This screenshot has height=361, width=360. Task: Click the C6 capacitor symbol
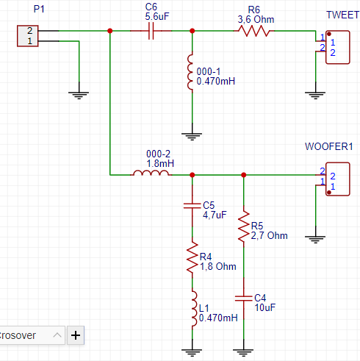click(151, 31)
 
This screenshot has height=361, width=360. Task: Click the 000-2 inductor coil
click(151, 173)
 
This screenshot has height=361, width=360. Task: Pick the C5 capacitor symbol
click(192, 206)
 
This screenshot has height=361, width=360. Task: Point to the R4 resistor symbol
click(192, 257)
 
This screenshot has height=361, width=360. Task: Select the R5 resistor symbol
click(244, 226)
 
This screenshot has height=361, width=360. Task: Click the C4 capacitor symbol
click(244, 299)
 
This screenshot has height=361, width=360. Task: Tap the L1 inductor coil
click(193, 309)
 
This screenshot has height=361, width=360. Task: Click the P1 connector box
click(28, 36)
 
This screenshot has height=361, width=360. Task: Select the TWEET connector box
click(338, 47)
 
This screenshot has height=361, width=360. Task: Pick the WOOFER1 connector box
click(338, 179)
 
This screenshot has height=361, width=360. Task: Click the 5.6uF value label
click(157, 17)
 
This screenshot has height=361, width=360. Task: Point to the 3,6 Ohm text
click(256, 20)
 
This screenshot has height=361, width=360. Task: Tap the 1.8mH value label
click(160, 163)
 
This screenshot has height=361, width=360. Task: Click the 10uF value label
click(265, 307)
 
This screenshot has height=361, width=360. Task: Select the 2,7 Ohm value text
click(269, 235)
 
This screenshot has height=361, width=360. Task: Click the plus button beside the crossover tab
click(76, 335)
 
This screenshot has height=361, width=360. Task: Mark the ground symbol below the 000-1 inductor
click(192, 136)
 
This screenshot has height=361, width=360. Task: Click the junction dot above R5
click(244, 175)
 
